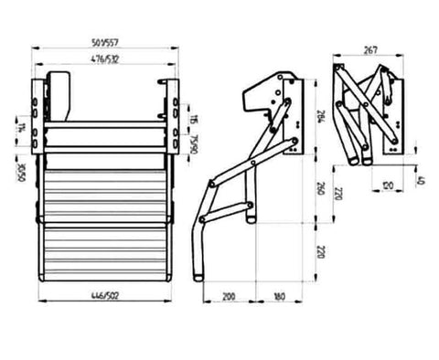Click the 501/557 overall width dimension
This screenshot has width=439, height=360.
(x=108, y=40)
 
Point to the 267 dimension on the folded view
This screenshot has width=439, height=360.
(x=370, y=50)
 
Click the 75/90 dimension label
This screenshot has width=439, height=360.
(x=195, y=144)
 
